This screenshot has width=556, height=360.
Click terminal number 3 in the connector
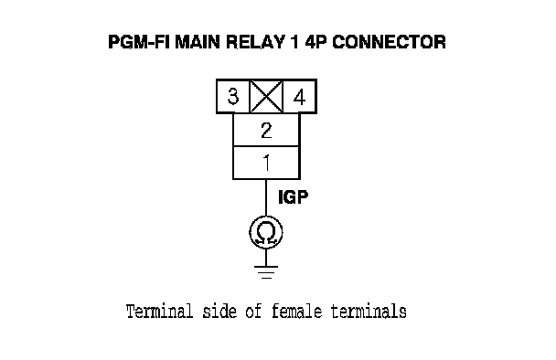(233, 96)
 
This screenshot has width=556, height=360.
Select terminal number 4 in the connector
(300, 96)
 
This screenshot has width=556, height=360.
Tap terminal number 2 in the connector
(266, 130)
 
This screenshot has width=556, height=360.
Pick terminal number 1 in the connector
(266, 163)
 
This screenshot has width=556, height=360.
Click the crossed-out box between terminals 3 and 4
(266, 96)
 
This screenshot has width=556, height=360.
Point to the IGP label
(294, 197)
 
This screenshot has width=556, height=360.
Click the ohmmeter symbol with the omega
(266, 232)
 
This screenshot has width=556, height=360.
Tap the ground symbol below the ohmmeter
(266, 272)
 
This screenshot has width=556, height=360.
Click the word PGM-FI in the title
(139, 42)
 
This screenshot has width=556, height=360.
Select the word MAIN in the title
(198, 42)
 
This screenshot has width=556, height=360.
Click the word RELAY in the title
(255, 42)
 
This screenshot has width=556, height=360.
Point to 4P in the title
(316, 42)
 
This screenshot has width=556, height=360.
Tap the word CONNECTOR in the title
(390, 42)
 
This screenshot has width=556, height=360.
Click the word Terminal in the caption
(160, 312)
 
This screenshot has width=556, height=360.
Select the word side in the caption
(219, 312)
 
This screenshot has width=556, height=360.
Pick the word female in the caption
(297, 312)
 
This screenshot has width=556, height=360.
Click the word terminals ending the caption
(369, 312)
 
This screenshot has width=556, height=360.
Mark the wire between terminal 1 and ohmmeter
(266, 197)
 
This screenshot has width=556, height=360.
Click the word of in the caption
(254, 312)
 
